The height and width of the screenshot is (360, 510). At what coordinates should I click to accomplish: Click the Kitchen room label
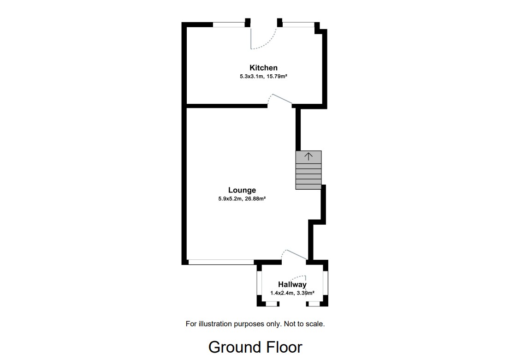[x=263, y=68]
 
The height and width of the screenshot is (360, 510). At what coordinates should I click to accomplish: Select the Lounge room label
[x=242, y=190]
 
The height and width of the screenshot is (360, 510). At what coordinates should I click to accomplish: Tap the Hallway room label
[x=292, y=285]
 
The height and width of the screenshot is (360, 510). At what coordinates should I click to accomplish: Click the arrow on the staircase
[x=308, y=156]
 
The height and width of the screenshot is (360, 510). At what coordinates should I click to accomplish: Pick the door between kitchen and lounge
[x=280, y=100]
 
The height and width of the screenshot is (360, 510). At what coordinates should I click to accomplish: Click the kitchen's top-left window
[x=229, y=24]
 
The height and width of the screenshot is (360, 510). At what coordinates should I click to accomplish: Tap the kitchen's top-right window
[x=298, y=24]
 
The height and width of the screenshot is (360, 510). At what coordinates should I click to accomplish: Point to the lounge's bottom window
[x=221, y=262]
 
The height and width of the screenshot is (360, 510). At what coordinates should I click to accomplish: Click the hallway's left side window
[x=259, y=283]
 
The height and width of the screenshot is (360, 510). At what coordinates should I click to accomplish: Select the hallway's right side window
[x=325, y=283]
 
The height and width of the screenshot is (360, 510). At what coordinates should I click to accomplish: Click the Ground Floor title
[x=255, y=347]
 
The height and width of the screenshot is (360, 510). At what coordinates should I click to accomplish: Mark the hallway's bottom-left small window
[x=272, y=304]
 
